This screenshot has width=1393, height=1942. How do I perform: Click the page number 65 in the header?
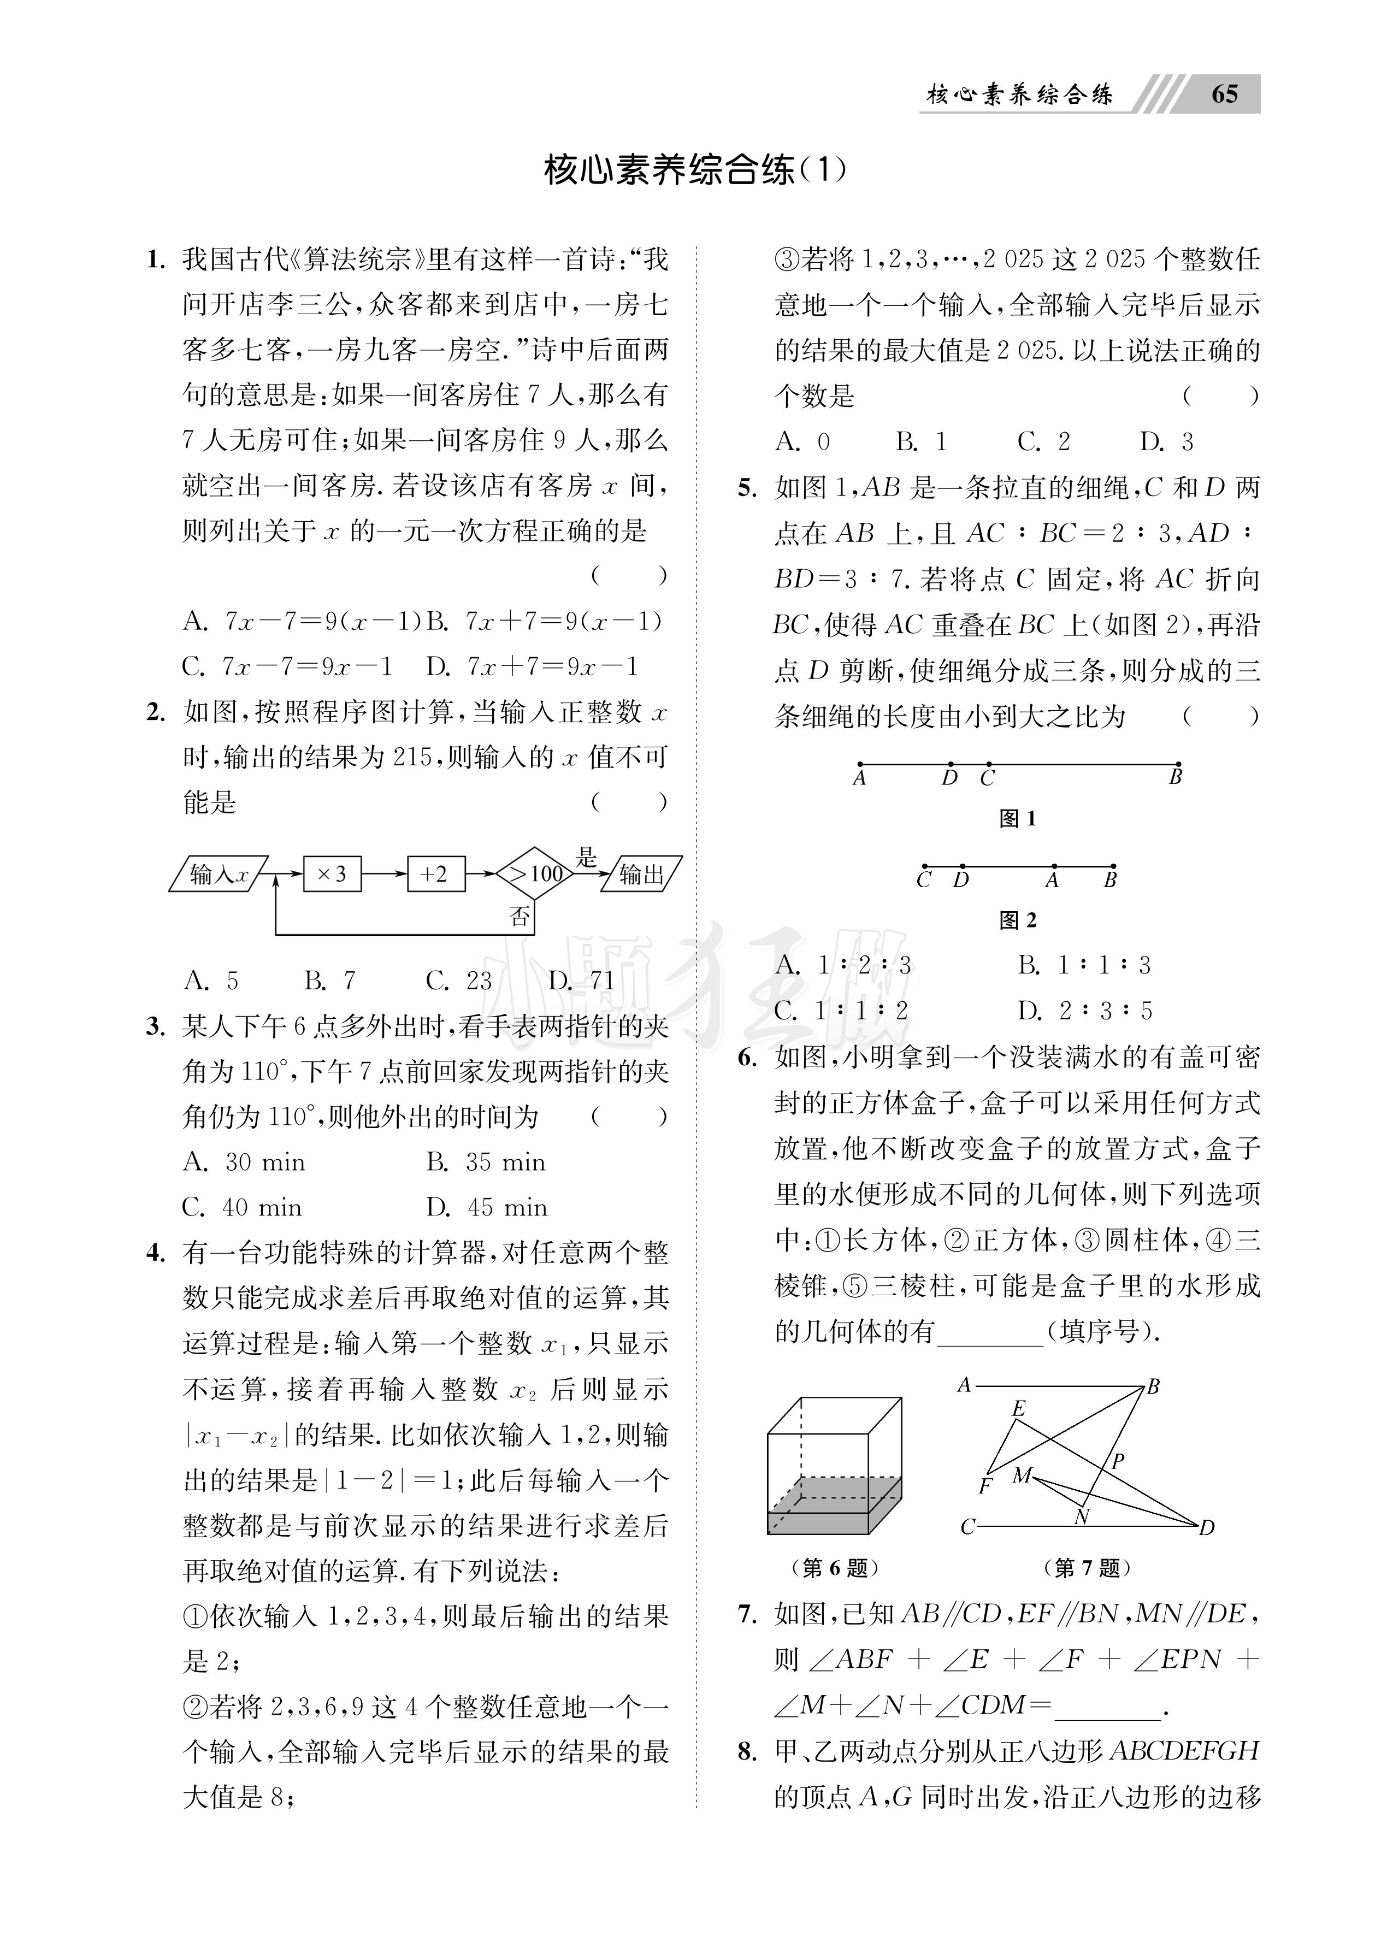(1224, 93)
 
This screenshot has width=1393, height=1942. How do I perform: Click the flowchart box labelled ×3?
(332, 873)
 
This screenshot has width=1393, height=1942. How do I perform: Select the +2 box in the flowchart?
(434, 873)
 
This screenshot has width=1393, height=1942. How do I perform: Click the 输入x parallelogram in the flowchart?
(219, 873)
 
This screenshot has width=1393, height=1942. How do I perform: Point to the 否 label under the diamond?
(520, 917)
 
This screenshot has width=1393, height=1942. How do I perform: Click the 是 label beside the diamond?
(587, 857)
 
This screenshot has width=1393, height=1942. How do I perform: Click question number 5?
(747, 488)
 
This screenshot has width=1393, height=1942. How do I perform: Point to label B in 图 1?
(1176, 777)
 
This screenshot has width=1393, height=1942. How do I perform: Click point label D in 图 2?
(961, 880)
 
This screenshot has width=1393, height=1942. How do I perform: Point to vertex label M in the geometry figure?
(1022, 1474)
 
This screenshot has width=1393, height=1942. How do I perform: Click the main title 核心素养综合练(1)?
(695, 170)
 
